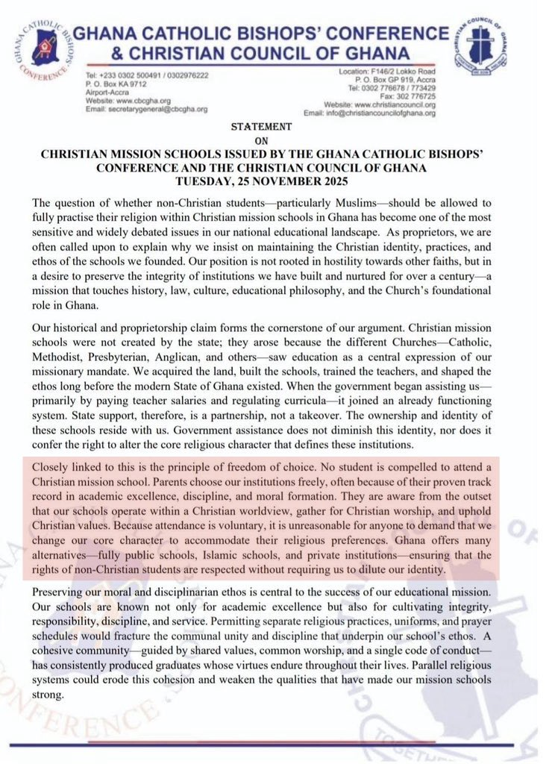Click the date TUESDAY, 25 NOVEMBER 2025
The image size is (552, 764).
point(275,182)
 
